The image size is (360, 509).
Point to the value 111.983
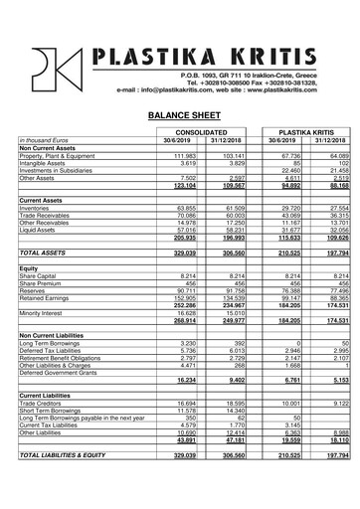click(x=186, y=155)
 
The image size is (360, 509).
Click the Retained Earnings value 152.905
click(x=186, y=297)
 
